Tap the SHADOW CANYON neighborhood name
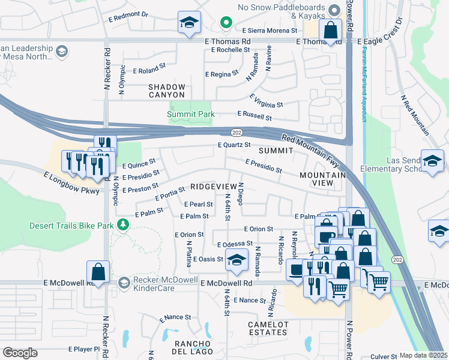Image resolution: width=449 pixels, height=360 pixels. click(167, 91)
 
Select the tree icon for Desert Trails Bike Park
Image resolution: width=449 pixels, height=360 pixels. click(124, 225)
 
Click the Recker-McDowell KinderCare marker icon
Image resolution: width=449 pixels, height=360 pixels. click(124, 282)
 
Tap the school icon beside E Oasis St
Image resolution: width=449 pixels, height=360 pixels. click(237, 260)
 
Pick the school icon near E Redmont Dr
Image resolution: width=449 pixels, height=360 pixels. click(189, 23)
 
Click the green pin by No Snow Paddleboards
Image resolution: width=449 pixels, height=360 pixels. click(226, 23)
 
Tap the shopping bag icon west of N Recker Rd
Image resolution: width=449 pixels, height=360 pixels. click(98, 272)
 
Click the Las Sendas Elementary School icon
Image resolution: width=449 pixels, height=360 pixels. click(432, 160)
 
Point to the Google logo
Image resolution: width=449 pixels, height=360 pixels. click(20, 353)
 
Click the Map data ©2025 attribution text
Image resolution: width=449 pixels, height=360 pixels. click(423, 355)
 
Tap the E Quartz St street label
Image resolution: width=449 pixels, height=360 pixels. click(234, 145)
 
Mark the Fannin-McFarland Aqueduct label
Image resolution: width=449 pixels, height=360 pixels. click(363, 85)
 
